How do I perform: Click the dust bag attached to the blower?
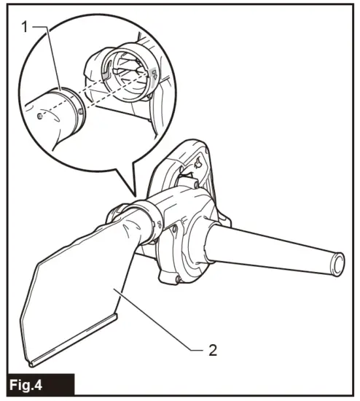pos(80,292)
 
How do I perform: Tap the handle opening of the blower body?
pos(191,169)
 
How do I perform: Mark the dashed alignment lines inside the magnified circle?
pos(102,91)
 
